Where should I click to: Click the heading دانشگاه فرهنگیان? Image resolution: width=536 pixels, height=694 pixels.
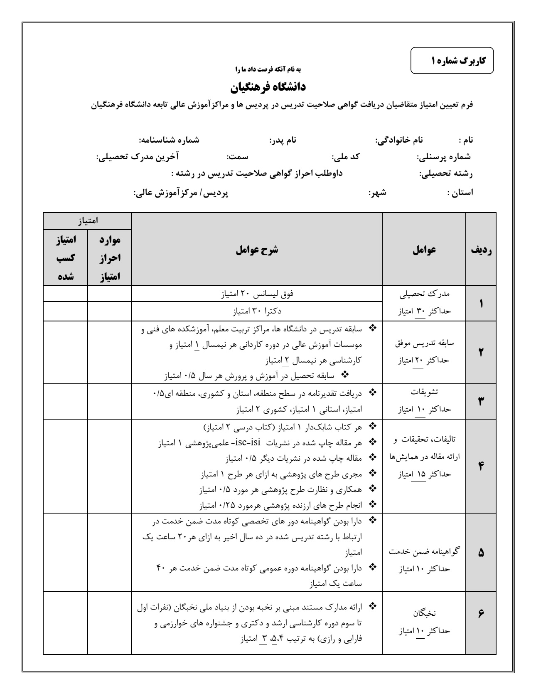[268, 87]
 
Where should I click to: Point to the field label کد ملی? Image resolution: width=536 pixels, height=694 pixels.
[345, 157]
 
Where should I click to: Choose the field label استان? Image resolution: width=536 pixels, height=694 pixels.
[460, 193]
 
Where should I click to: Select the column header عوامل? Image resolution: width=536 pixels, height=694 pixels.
[424, 249]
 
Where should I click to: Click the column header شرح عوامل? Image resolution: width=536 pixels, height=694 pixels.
[257, 249]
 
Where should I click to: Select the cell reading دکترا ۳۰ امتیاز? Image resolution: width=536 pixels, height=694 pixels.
[257, 311]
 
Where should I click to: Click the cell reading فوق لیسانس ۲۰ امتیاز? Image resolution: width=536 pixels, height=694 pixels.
[257, 294]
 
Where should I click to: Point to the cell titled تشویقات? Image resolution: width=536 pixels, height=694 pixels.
[424, 392]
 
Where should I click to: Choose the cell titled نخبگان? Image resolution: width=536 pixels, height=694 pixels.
[424, 613]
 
